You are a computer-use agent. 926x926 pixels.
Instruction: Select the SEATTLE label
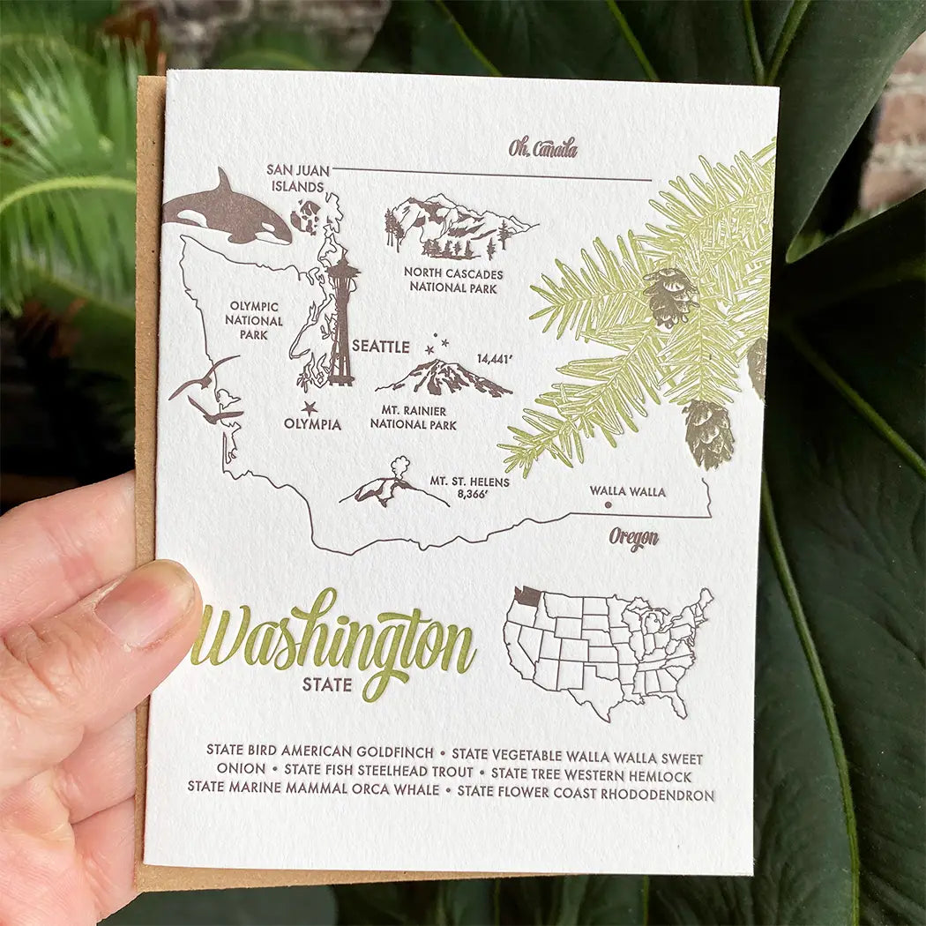(x=381, y=347)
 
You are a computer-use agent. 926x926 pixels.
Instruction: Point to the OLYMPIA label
(x=312, y=424)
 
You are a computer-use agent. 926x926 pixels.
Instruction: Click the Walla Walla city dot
(x=608, y=505)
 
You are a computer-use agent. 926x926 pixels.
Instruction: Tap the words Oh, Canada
(x=542, y=148)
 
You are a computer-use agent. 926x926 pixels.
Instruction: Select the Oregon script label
(x=633, y=538)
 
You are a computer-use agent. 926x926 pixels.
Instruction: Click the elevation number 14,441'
(x=495, y=359)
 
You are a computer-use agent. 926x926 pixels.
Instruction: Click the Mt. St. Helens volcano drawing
(x=388, y=487)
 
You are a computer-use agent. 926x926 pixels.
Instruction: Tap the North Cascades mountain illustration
(x=454, y=226)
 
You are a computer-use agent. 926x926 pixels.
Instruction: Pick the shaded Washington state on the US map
(x=526, y=597)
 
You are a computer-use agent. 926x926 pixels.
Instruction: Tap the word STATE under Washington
(x=326, y=683)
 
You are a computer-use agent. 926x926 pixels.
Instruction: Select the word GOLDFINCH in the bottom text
(x=394, y=753)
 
